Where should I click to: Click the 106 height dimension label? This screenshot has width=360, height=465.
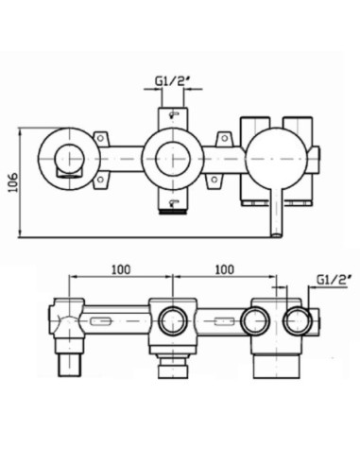(x=13, y=182)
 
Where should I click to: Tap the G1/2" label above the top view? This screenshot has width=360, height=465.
(x=173, y=81)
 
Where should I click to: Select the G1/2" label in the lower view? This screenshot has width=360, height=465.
(x=334, y=280)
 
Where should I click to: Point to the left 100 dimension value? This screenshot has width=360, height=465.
(x=121, y=269)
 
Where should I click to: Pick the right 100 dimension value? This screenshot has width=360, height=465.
(x=225, y=269)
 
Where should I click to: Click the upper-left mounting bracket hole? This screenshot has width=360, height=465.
(x=100, y=138)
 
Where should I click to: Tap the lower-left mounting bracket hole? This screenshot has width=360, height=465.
(x=100, y=180)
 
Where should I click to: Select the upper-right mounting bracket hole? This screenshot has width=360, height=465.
(x=224, y=138)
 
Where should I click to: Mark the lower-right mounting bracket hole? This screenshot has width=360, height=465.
(x=214, y=180)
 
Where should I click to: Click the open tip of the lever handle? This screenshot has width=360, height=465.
(x=277, y=234)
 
